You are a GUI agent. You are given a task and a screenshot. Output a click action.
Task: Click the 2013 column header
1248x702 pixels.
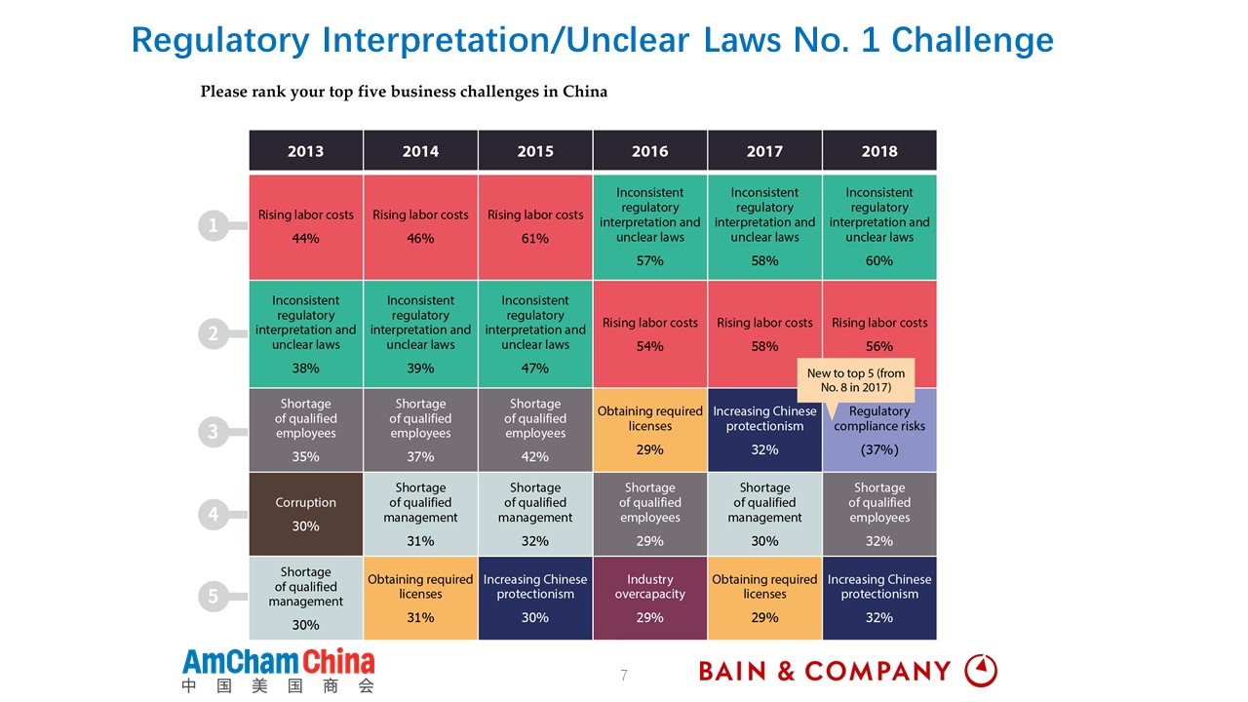305,151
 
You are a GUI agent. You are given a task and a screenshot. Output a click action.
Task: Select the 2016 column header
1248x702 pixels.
649,151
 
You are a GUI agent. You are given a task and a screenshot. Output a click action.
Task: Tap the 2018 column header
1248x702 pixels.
879,151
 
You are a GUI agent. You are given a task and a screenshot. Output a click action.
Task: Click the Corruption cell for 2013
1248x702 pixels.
305,514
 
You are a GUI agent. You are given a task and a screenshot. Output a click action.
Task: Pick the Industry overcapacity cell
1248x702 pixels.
649,598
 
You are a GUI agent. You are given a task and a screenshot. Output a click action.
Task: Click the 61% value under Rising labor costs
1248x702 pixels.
535,239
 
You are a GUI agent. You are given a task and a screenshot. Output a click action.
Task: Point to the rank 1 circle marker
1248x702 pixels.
214,226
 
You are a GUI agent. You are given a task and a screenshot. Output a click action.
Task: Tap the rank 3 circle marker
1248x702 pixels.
214,431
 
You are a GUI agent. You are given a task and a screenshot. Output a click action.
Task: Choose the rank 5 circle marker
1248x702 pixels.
214,597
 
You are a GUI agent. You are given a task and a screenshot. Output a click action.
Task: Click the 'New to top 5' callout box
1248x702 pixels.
855,380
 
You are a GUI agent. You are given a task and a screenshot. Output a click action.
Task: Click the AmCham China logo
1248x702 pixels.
278,670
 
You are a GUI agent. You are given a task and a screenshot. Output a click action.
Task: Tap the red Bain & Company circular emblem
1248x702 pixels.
981,671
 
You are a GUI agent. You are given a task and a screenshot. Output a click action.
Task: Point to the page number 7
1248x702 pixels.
624,675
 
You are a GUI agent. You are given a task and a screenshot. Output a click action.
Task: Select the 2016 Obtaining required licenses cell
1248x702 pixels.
649,430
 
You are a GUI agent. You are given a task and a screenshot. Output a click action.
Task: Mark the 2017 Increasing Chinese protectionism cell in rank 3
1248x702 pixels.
764,430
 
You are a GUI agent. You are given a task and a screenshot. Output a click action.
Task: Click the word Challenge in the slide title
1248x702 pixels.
972,40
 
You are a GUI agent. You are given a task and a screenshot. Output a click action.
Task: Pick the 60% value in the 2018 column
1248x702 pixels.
879,261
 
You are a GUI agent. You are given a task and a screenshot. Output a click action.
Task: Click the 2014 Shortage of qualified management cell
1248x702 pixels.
420,514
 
